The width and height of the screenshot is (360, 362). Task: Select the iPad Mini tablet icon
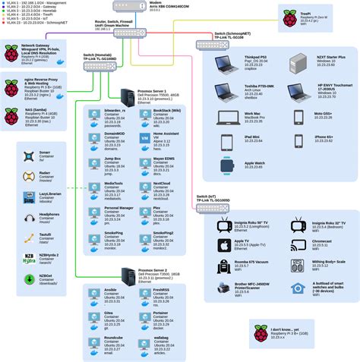pyautogui.click(x=226, y=142)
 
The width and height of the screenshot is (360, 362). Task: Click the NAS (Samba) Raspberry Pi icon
pyautogui.click(x=13, y=117)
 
